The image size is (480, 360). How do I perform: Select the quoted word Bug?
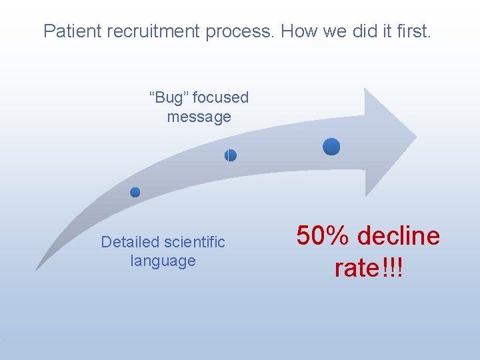click(171, 98)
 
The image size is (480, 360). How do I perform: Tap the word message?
click(199, 117)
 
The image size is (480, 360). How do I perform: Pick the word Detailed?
click(130, 242)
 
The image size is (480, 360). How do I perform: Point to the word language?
click(163, 261)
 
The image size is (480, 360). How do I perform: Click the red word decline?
click(399, 236)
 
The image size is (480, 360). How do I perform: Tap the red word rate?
click(357, 268)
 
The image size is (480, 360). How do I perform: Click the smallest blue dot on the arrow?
click(135, 192)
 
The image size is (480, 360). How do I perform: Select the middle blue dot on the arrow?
click(230, 155)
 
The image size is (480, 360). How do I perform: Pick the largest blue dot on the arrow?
click(331, 147)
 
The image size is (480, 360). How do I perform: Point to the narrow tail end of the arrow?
click(39, 267)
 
